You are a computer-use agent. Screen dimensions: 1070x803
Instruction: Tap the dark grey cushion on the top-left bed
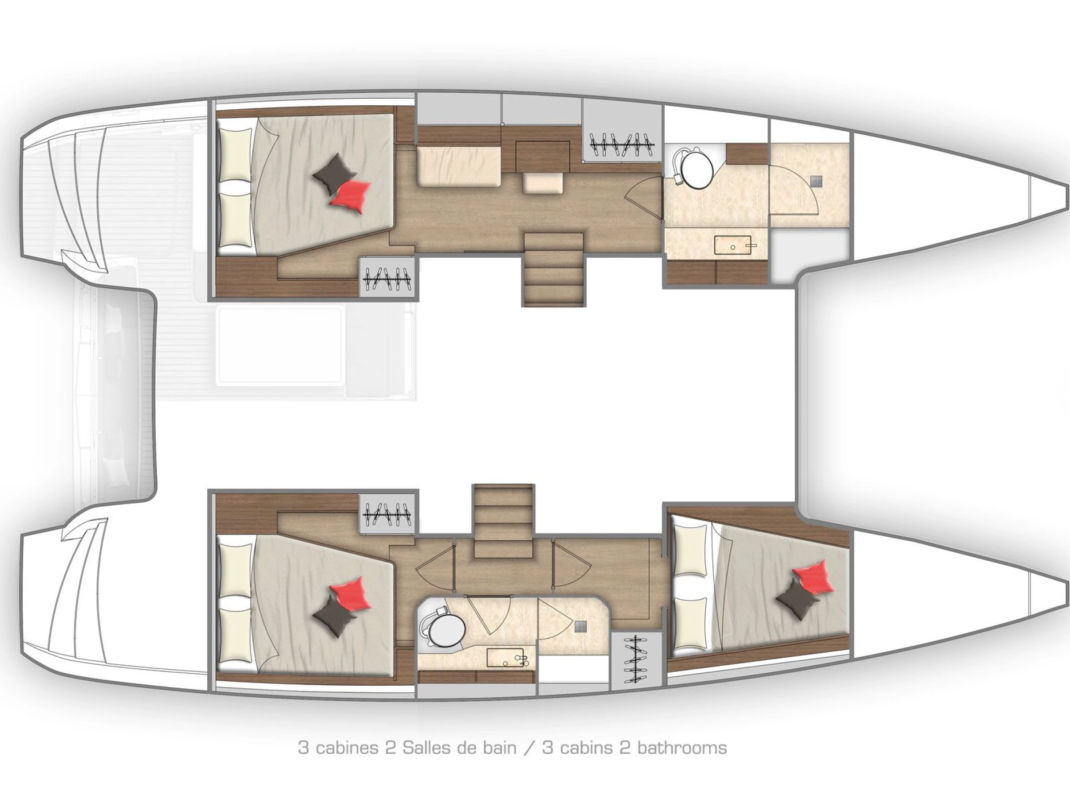point(334,175)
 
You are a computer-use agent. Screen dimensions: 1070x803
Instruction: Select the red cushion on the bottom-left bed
point(350,594)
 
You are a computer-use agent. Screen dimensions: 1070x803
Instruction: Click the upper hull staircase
point(554,269)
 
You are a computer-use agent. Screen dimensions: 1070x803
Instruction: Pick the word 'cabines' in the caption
point(347,748)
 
